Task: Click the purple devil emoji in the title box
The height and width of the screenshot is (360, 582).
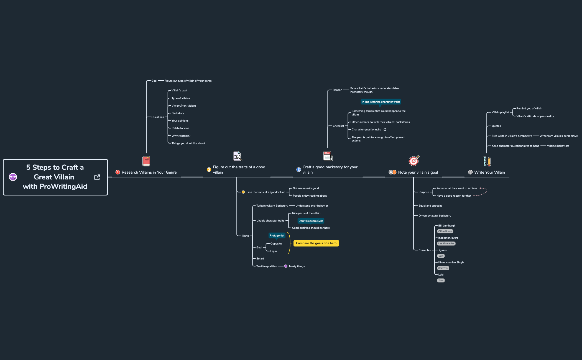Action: click(13, 177)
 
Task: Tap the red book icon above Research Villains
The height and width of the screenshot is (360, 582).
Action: click(146, 161)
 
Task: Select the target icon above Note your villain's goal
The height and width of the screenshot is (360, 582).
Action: click(414, 161)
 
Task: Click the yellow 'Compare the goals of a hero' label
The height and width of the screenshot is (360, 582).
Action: click(316, 243)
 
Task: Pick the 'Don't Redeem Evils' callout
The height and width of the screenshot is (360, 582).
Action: click(311, 221)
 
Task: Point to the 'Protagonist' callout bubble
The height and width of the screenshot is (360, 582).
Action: click(277, 236)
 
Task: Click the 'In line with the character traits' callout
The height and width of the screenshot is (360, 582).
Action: click(381, 102)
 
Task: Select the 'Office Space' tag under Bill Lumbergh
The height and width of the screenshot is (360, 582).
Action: click(445, 231)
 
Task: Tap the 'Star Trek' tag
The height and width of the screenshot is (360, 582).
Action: click(443, 268)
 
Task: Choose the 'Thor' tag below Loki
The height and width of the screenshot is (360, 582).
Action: click(441, 281)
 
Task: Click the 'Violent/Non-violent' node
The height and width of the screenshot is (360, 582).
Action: click(183, 106)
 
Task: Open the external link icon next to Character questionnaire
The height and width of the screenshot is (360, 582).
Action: click(385, 130)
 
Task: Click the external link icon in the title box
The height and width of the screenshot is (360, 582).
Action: click(97, 177)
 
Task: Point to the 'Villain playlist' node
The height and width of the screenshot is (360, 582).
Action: click(500, 112)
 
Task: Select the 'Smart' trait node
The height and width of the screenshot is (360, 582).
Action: click(260, 259)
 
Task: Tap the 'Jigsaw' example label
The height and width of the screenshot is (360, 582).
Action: click(442, 250)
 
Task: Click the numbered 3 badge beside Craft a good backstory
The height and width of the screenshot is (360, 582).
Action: click(298, 170)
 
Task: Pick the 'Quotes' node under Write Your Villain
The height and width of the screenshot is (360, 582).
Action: click(496, 126)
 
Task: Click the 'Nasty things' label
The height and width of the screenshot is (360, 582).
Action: click(297, 266)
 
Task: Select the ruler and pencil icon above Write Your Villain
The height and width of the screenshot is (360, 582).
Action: click(487, 161)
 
